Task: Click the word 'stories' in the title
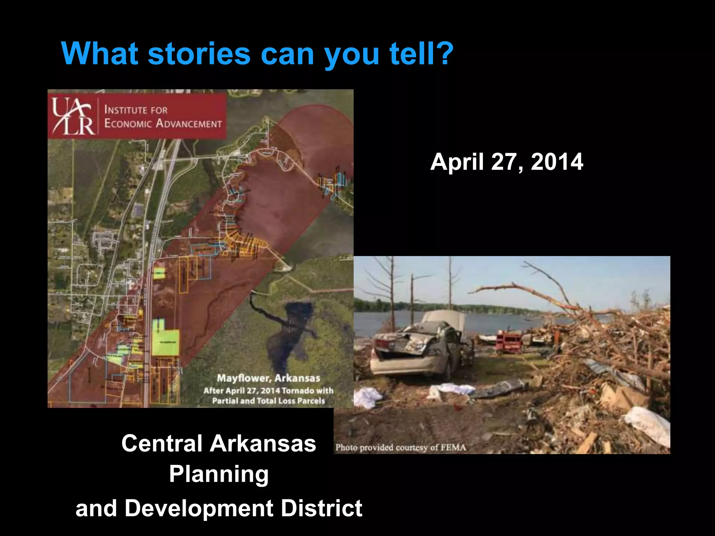click(199, 54)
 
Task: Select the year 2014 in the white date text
click(557, 162)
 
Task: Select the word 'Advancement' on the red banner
click(189, 124)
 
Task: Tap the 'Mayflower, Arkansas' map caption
click(268, 378)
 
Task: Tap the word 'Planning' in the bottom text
click(219, 475)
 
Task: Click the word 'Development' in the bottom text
click(199, 508)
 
